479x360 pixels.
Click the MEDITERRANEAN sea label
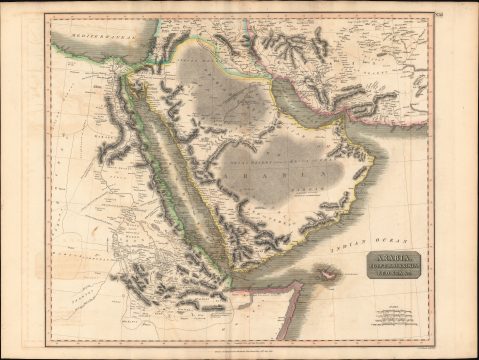point(84,39)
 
